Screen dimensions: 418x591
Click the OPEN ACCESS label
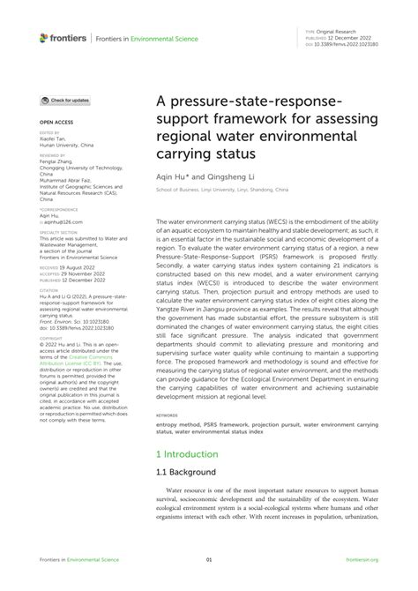55,123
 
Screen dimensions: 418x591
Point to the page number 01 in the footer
209,560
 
